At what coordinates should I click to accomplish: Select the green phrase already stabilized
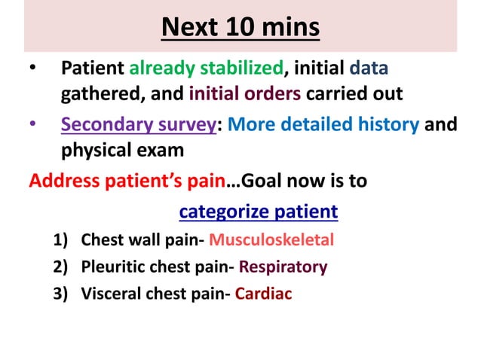207,69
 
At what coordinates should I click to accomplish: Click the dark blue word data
369,69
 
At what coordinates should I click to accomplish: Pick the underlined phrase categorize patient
258,212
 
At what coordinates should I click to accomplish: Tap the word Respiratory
285,267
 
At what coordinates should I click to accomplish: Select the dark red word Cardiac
263,293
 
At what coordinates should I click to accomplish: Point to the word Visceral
108,293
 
